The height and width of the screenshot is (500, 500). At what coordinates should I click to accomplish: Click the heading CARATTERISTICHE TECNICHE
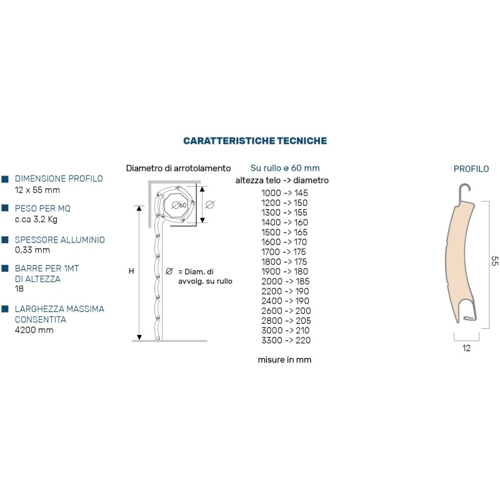254,141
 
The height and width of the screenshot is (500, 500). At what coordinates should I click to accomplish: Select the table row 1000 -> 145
285,193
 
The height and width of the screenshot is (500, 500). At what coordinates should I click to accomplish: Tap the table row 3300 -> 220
285,341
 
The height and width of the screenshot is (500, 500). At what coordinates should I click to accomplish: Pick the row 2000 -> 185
285,281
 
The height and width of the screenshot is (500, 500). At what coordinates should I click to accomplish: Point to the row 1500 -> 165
285,232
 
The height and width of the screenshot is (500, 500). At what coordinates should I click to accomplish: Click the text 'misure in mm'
284,360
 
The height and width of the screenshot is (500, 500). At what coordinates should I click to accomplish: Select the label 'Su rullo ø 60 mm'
284,168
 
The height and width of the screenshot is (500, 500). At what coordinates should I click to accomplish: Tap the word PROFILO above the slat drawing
471,169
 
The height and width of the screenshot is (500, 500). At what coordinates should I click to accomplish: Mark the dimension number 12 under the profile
466,349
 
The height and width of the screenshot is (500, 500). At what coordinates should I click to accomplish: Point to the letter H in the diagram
131,271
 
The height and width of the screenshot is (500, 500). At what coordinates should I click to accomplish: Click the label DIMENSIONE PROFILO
59,179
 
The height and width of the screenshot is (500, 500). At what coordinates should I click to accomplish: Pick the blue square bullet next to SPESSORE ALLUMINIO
5,240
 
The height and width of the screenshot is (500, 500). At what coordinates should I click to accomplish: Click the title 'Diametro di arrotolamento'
178,169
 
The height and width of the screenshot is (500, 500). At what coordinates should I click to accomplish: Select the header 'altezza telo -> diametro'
282,181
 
